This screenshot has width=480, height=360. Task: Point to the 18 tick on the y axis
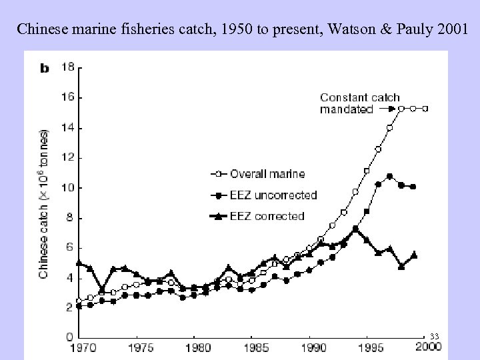point(67,67)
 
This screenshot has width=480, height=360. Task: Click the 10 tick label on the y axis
point(67,188)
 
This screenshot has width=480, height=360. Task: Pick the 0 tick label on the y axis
point(69,337)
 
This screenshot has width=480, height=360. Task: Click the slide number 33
point(435,335)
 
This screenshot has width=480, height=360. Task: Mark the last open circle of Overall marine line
point(425,108)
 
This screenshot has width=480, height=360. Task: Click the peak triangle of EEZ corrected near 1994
point(356,229)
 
